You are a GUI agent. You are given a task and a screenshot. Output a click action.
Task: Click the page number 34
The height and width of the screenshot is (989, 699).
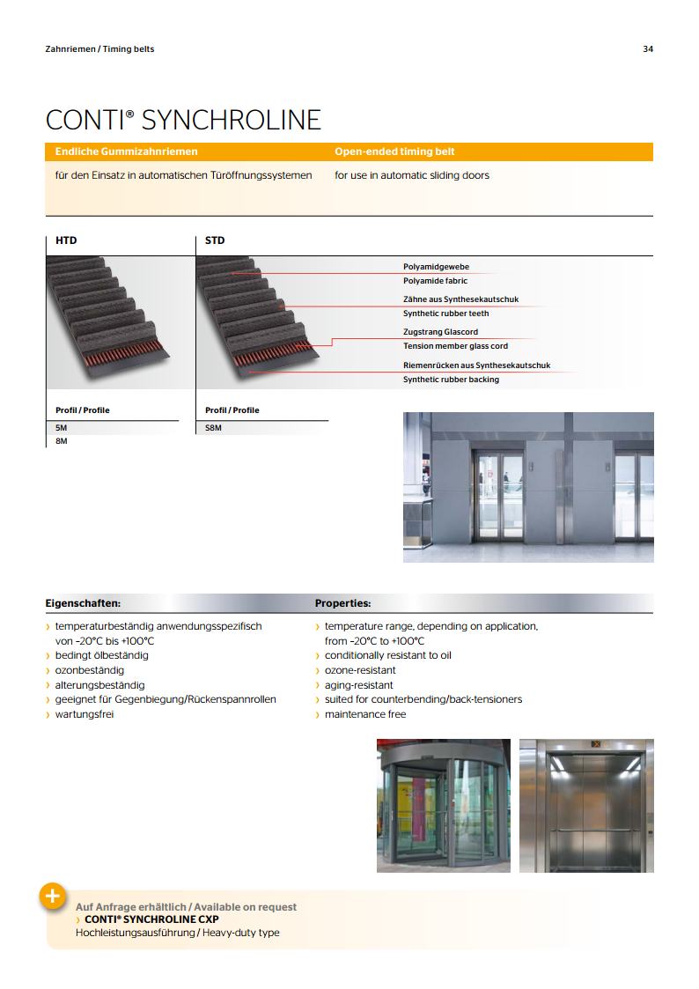pyautogui.click(x=648, y=49)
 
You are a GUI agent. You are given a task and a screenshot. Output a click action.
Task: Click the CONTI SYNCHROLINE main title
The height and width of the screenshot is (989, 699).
pyautogui.click(x=183, y=120)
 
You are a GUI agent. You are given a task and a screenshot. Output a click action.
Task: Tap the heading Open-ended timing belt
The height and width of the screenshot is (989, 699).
pyautogui.click(x=394, y=151)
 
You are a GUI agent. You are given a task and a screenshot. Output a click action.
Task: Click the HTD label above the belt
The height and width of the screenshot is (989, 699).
pyautogui.click(x=66, y=240)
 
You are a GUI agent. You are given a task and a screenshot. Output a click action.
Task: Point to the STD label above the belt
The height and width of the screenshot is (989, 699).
pyautogui.click(x=215, y=240)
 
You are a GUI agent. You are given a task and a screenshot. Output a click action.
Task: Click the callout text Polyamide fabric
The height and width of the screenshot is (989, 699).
pyautogui.click(x=435, y=281)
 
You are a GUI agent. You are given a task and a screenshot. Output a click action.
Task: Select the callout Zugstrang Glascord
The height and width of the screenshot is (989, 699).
pyautogui.click(x=440, y=332)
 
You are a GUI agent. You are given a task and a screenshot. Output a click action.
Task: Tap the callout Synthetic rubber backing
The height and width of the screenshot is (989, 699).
pyautogui.click(x=451, y=380)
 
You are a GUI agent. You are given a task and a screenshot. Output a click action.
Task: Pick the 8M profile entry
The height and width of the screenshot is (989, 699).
pyautogui.click(x=62, y=440)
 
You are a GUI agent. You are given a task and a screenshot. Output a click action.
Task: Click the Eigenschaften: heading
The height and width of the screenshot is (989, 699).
pyautogui.click(x=83, y=604)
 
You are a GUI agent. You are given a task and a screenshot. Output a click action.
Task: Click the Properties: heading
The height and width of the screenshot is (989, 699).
pyautogui.click(x=342, y=604)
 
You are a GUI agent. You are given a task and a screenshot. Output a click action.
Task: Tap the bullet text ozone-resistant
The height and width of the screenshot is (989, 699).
pyautogui.click(x=360, y=670)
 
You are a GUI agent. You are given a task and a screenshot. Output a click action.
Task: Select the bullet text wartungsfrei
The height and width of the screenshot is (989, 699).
pyautogui.click(x=85, y=714)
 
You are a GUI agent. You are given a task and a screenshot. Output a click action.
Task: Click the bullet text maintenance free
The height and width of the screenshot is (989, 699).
pyautogui.click(x=365, y=714)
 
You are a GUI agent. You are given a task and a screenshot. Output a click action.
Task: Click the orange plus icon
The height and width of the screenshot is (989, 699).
pyautogui.click(x=52, y=896)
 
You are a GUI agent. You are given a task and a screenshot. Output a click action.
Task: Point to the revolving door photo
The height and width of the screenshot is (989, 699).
pyautogui.click(x=443, y=806)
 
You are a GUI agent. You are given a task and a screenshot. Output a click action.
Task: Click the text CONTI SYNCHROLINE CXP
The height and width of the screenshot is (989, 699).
pyautogui.click(x=151, y=919)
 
